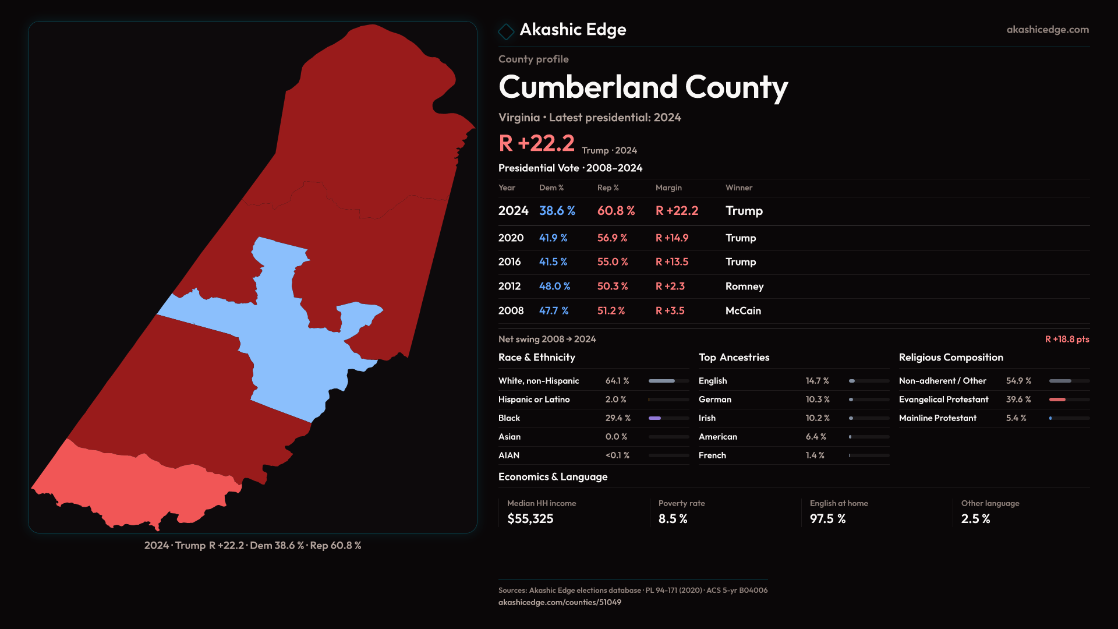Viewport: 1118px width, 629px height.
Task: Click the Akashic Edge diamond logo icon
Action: (506, 31)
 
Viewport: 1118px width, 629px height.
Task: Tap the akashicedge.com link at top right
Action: (1047, 30)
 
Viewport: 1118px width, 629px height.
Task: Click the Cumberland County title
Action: (643, 87)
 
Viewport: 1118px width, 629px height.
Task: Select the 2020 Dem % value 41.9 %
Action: (553, 238)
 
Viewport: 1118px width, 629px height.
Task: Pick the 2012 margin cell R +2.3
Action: (670, 287)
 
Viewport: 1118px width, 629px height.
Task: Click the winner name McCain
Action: (743, 311)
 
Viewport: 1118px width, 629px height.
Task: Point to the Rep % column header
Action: (607, 188)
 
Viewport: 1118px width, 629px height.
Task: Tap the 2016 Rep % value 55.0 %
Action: (612, 262)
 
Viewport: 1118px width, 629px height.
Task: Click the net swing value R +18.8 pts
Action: (1067, 340)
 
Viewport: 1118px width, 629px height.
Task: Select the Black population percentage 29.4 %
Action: (617, 418)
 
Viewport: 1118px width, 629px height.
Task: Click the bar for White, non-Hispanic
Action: (662, 381)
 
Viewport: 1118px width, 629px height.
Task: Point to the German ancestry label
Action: (714, 400)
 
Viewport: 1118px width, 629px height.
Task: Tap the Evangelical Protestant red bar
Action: (1057, 400)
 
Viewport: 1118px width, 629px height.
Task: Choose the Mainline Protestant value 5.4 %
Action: (1016, 418)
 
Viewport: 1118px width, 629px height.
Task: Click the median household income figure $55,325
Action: (530, 519)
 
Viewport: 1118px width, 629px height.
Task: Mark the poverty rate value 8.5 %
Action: (673, 519)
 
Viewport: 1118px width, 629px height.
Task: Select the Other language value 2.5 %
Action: (975, 519)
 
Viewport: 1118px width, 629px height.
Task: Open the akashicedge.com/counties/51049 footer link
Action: (559, 603)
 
